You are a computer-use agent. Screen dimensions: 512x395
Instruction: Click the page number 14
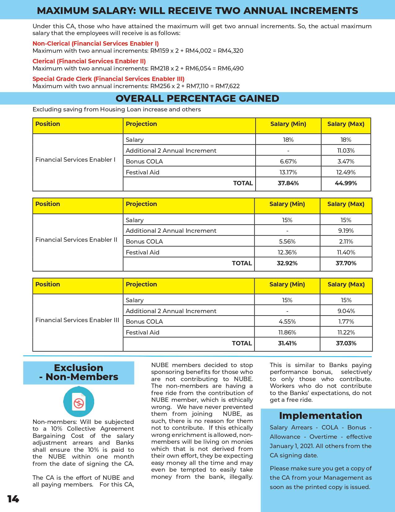point(13,499)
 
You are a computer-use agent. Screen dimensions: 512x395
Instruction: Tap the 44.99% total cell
point(346,183)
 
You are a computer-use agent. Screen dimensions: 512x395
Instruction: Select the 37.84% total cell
point(288,183)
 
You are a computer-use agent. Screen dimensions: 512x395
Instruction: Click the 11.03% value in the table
point(346,150)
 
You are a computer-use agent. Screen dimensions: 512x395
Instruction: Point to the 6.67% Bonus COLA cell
point(288,161)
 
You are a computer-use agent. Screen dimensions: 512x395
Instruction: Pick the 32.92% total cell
point(287,263)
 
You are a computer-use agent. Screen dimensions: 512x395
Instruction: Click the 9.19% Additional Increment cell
point(346,231)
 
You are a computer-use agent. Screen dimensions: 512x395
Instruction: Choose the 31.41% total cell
point(287,343)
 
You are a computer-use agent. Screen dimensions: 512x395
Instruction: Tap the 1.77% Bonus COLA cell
point(346,321)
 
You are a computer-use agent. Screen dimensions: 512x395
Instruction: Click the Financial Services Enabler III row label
point(77,320)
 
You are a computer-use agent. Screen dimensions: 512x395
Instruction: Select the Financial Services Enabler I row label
point(75,159)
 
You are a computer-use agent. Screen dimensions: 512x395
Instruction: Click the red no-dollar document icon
point(79,402)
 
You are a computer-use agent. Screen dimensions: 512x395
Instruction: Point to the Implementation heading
point(320,415)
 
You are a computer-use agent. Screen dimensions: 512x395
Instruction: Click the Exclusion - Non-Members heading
point(79,372)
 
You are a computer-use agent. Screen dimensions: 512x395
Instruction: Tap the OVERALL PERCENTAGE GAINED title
point(197,98)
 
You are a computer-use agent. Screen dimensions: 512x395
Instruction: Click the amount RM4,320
point(230,51)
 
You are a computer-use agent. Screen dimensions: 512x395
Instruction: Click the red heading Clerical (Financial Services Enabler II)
point(89,61)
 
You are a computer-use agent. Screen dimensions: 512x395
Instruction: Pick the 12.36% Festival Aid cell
point(287,252)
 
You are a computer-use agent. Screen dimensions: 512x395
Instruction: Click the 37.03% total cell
point(346,343)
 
